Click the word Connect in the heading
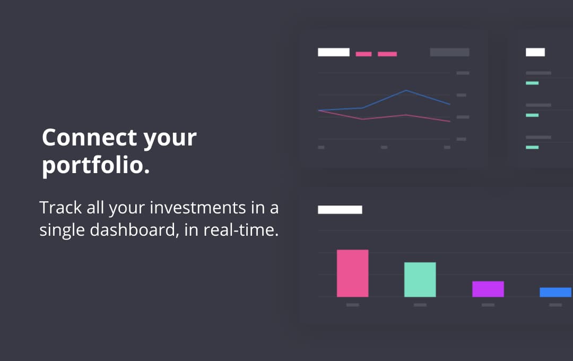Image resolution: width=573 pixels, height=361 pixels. coord(90,137)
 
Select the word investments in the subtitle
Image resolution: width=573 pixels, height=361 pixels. coord(198,208)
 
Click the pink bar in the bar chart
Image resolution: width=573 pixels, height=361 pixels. coord(353,273)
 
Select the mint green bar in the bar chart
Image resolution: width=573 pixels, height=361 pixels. coord(420,279)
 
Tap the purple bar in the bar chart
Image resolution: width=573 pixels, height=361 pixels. coord(488,289)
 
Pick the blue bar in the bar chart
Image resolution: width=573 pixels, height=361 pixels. coord(555,292)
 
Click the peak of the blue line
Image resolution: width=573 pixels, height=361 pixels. coord(406,90)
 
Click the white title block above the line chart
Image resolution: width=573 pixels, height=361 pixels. coord(334,53)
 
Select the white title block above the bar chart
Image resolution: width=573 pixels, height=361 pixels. coord(340,210)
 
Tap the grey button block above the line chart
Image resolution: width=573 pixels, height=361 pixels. coord(449,53)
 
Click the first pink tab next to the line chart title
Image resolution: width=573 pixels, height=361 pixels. coord(363,54)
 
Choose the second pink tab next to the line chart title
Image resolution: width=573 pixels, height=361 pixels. coord(387,54)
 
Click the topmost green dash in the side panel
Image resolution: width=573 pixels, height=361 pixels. coord(532,83)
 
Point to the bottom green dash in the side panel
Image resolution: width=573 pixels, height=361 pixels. coord(532,148)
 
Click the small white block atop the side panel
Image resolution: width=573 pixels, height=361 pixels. coord(535,53)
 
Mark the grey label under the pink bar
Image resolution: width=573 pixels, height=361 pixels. coord(353,305)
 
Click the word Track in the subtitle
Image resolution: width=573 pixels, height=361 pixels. coord(60,208)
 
